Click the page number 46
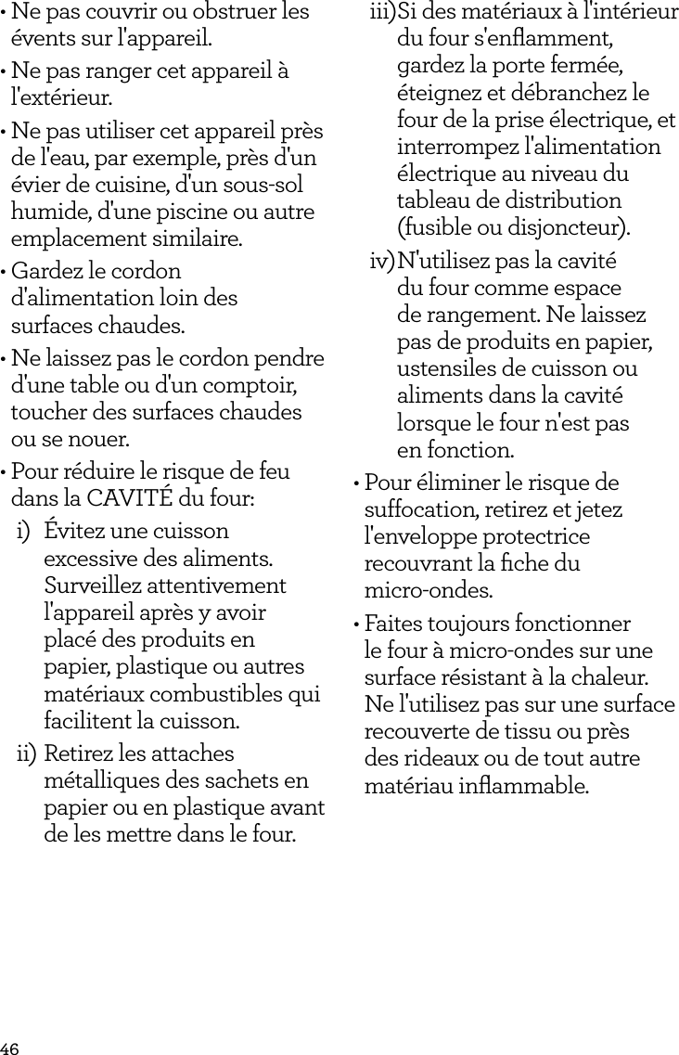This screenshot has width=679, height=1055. (x=10, y=1048)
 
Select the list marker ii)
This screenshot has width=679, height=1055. (x=26, y=753)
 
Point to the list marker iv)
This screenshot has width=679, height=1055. (x=381, y=262)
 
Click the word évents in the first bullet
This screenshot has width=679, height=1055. (x=38, y=41)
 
